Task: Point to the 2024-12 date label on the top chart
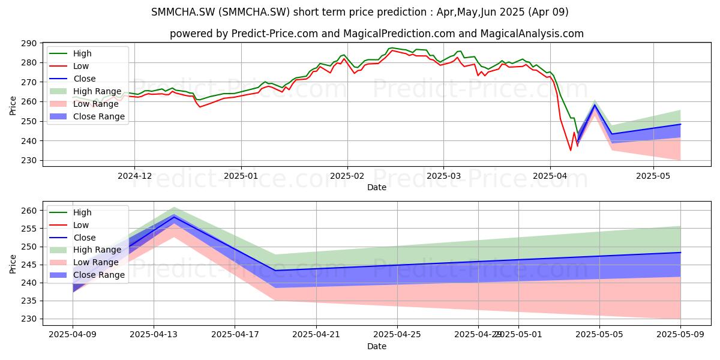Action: pos(134,176)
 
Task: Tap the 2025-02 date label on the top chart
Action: pos(347,176)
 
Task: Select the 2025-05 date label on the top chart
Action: pos(653,176)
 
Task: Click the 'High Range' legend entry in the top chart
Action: pos(85,91)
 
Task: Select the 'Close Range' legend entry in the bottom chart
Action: pos(87,275)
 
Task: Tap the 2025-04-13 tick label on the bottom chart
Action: pos(154,335)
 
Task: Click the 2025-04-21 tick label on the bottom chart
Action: pos(316,335)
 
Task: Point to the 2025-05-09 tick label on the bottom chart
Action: pos(680,335)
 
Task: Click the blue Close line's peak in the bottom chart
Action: pos(174,217)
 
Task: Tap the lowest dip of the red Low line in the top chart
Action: pos(571,151)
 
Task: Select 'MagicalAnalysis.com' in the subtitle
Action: pos(532,34)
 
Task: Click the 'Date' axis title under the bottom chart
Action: pos(377,347)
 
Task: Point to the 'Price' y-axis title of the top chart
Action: pos(13,106)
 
